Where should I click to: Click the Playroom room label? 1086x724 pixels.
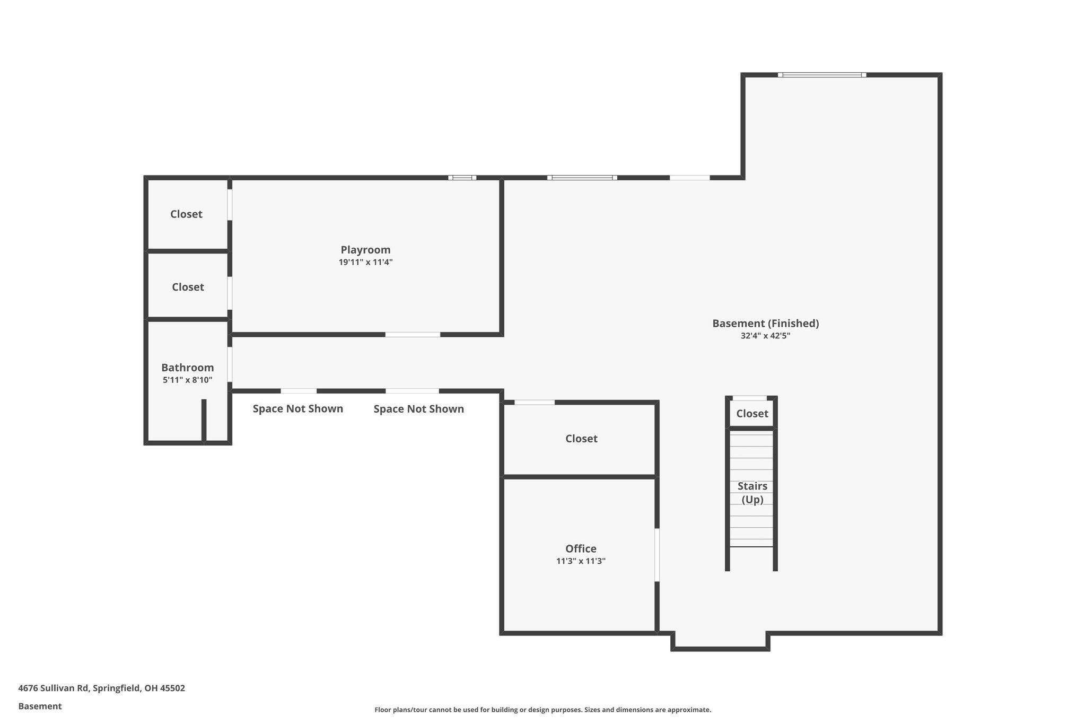(365, 250)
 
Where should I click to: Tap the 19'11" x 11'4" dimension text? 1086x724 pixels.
(365, 263)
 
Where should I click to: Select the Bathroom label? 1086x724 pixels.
(187, 368)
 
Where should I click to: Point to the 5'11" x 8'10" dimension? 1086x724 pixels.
(187, 380)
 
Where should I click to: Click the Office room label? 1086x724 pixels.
(581, 549)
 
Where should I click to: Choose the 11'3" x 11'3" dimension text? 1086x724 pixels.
(581, 561)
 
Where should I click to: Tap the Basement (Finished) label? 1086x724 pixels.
(765, 324)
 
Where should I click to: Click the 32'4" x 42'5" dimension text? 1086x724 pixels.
(765, 336)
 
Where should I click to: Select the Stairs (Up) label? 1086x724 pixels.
(752, 493)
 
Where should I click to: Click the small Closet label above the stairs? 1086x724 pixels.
(752, 414)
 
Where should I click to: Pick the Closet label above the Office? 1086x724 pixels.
(581, 439)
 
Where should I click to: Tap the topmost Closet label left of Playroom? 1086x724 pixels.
(186, 214)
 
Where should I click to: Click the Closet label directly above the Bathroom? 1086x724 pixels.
(188, 287)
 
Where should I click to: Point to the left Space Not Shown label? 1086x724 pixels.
(297, 409)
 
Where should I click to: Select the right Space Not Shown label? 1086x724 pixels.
(418, 409)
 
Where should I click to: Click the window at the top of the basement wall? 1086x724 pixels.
(822, 75)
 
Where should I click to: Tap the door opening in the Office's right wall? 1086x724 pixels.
(657, 555)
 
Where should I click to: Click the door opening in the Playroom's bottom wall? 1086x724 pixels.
(413, 335)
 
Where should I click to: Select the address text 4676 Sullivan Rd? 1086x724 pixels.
(101, 688)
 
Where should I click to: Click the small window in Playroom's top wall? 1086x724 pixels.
(462, 178)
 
